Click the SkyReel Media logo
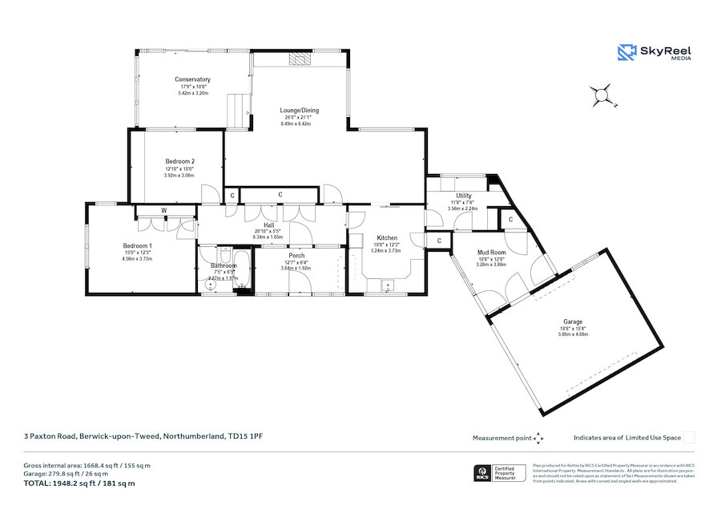[654, 53]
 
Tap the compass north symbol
[602, 95]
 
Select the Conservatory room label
[192, 79]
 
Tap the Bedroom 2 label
[180, 161]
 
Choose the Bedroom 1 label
[137, 245]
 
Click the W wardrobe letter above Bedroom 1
[164, 212]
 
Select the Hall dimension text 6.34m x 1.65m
[269, 237]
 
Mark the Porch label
[296, 256]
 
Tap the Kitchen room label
[387, 238]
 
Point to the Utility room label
[463, 196]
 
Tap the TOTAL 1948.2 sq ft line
[79, 483]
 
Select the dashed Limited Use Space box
[689, 438]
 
